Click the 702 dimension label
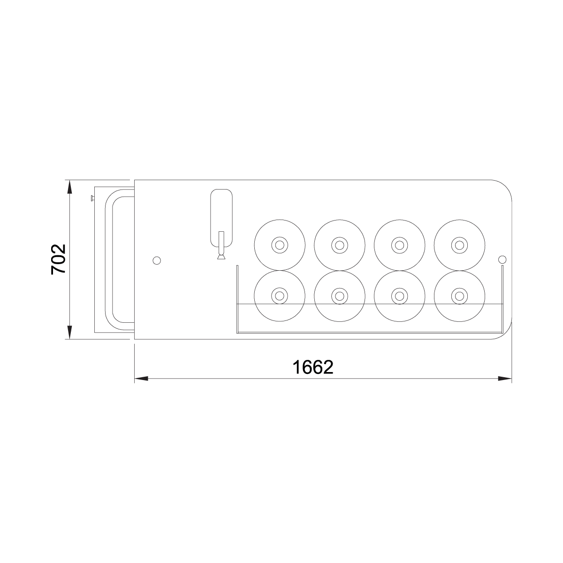coord(59,259)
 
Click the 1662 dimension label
coord(313,367)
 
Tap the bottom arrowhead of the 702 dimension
coord(69,333)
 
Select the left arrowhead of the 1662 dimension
coord(141,379)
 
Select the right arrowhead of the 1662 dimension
coord(505,379)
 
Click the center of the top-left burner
coord(280,245)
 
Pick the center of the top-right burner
coord(460,245)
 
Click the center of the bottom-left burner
coord(280,296)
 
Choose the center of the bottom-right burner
coord(460,296)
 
